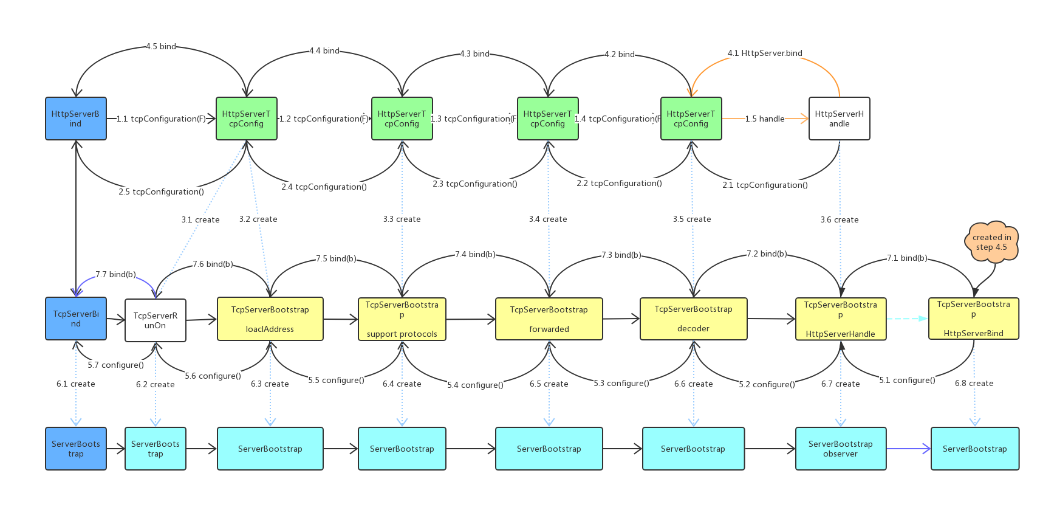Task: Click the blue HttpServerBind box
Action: pos(76,119)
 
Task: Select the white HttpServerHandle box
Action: pos(839,119)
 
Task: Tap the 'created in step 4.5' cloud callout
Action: pos(991,242)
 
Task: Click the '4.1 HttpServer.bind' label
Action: pos(765,53)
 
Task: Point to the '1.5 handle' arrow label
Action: pos(765,119)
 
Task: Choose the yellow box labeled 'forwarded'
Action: pos(549,319)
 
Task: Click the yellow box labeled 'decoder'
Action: pos(693,319)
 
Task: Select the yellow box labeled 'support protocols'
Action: pos(402,319)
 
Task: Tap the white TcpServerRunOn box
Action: pos(155,320)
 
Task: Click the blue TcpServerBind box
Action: pos(76,319)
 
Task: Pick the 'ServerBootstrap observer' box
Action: pos(840,449)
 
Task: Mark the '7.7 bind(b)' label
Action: pos(115,274)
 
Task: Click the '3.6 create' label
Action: pos(840,219)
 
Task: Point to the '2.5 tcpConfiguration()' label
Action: pos(161,191)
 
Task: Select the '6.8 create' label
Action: pos(974,383)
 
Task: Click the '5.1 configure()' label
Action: pos(907,380)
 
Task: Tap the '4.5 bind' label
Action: pos(161,46)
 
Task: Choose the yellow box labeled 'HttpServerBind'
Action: pos(973,319)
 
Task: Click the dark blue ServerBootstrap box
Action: pos(76,449)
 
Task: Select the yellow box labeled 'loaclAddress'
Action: pos(270,319)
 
